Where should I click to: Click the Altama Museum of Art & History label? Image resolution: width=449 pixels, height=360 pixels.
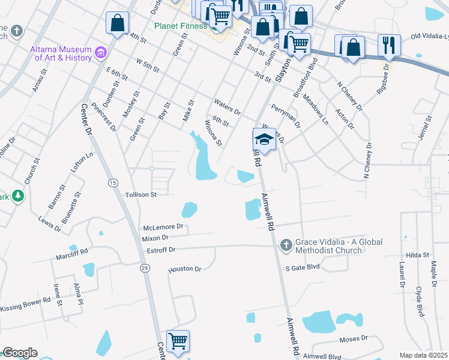tap(62, 53)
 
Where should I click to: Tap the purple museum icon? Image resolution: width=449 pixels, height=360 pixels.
tap(100, 53)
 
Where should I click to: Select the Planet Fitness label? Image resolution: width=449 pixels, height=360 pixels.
tap(180, 26)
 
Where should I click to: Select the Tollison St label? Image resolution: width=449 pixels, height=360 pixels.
tap(141, 194)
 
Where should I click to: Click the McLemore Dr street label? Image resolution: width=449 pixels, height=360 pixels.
tap(162, 228)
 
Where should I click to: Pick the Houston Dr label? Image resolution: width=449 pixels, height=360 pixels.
tap(185, 269)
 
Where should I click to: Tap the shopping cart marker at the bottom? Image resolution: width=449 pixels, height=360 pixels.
tap(178, 341)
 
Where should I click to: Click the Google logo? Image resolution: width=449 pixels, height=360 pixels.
tap(20, 353)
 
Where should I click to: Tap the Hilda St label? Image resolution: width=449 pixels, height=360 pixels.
tap(415, 254)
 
